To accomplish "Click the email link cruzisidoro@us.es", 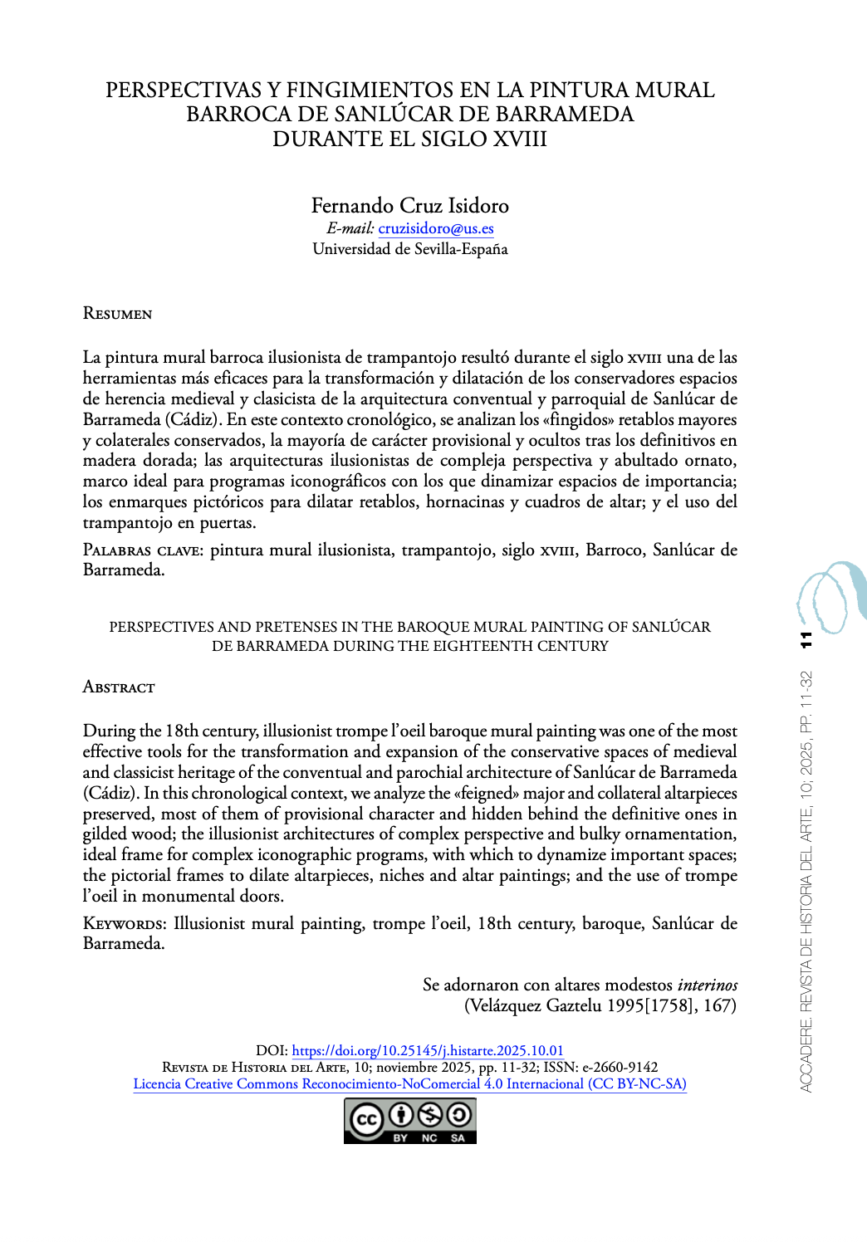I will pyautogui.click(x=436, y=228).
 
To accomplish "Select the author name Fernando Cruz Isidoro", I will pyautogui.click(x=409, y=205).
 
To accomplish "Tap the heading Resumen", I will pyautogui.click(x=117, y=314).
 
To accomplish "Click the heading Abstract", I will pyautogui.click(x=119, y=687).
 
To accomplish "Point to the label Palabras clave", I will pyautogui.click(x=142, y=550).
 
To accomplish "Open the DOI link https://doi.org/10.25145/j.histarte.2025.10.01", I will pyautogui.click(x=428, y=1050).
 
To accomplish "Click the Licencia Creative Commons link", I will pyautogui.click(x=409, y=1084).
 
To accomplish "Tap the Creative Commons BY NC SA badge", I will pyautogui.click(x=409, y=1121).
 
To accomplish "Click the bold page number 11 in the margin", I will pyautogui.click(x=806, y=640).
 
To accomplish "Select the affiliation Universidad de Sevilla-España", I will pyautogui.click(x=409, y=249).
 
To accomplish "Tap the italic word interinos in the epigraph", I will pyautogui.click(x=707, y=985).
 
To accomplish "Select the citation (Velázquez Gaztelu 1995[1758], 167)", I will pyautogui.click(x=600, y=1006).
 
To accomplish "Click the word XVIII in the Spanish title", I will pyautogui.click(x=520, y=139).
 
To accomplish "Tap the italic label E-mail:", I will pyautogui.click(x=350, y=228).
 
